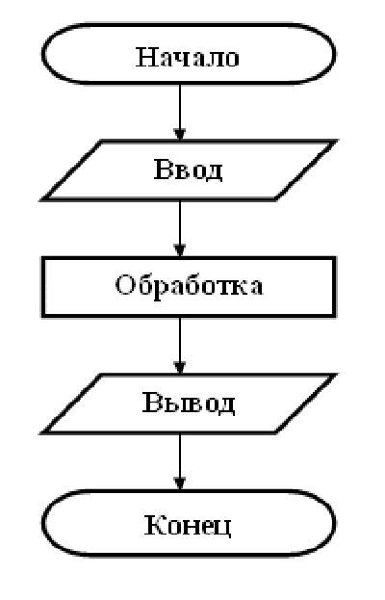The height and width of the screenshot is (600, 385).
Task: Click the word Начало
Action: (188, 58)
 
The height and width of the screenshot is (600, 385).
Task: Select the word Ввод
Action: (188, 170)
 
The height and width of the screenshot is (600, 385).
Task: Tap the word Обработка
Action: (189, 285)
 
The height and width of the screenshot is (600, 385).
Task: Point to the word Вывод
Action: (189, 403)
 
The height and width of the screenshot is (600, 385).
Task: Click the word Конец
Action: (188, 525)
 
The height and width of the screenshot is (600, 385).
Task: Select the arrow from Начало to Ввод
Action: (180, 112)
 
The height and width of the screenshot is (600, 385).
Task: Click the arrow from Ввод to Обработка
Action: (180, 228)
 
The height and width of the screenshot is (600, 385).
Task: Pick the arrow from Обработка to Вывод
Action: (180, 346)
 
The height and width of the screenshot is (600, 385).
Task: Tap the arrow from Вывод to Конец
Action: (180, 461)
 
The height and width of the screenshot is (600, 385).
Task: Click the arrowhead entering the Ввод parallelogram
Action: (180, 135)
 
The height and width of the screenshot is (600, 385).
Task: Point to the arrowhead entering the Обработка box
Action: (180, 251)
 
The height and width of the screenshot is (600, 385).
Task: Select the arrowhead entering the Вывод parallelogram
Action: (180, 368)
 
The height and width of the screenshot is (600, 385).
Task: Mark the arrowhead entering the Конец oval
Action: (180, 484)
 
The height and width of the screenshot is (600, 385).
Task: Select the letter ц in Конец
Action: (222, 529)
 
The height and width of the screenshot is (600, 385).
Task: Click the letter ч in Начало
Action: (181, 60)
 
